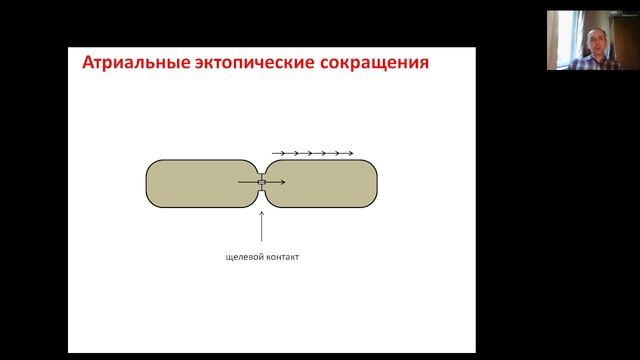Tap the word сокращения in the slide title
tap(373, 65)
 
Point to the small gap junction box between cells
tap(261, 183)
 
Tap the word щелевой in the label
tap(244, 256)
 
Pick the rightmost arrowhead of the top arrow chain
tap(351, 153)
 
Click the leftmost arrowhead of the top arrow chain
tap(284, 153)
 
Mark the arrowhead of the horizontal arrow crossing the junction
tap(283, 183)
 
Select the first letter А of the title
tap(87, 65)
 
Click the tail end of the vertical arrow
tap(261, 241)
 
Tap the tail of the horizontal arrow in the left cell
tap(239, 183)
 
